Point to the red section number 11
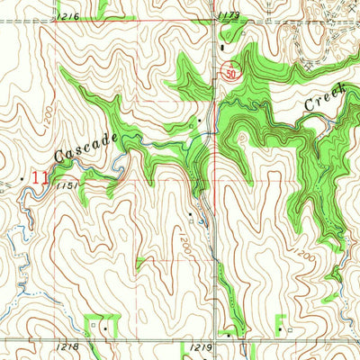(39, 177)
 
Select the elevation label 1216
(66, 17)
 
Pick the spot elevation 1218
(79, 346)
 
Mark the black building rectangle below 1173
(220, 44)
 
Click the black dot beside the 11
(23, 180)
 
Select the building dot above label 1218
(105, 329)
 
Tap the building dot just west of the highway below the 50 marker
(199, 121)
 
